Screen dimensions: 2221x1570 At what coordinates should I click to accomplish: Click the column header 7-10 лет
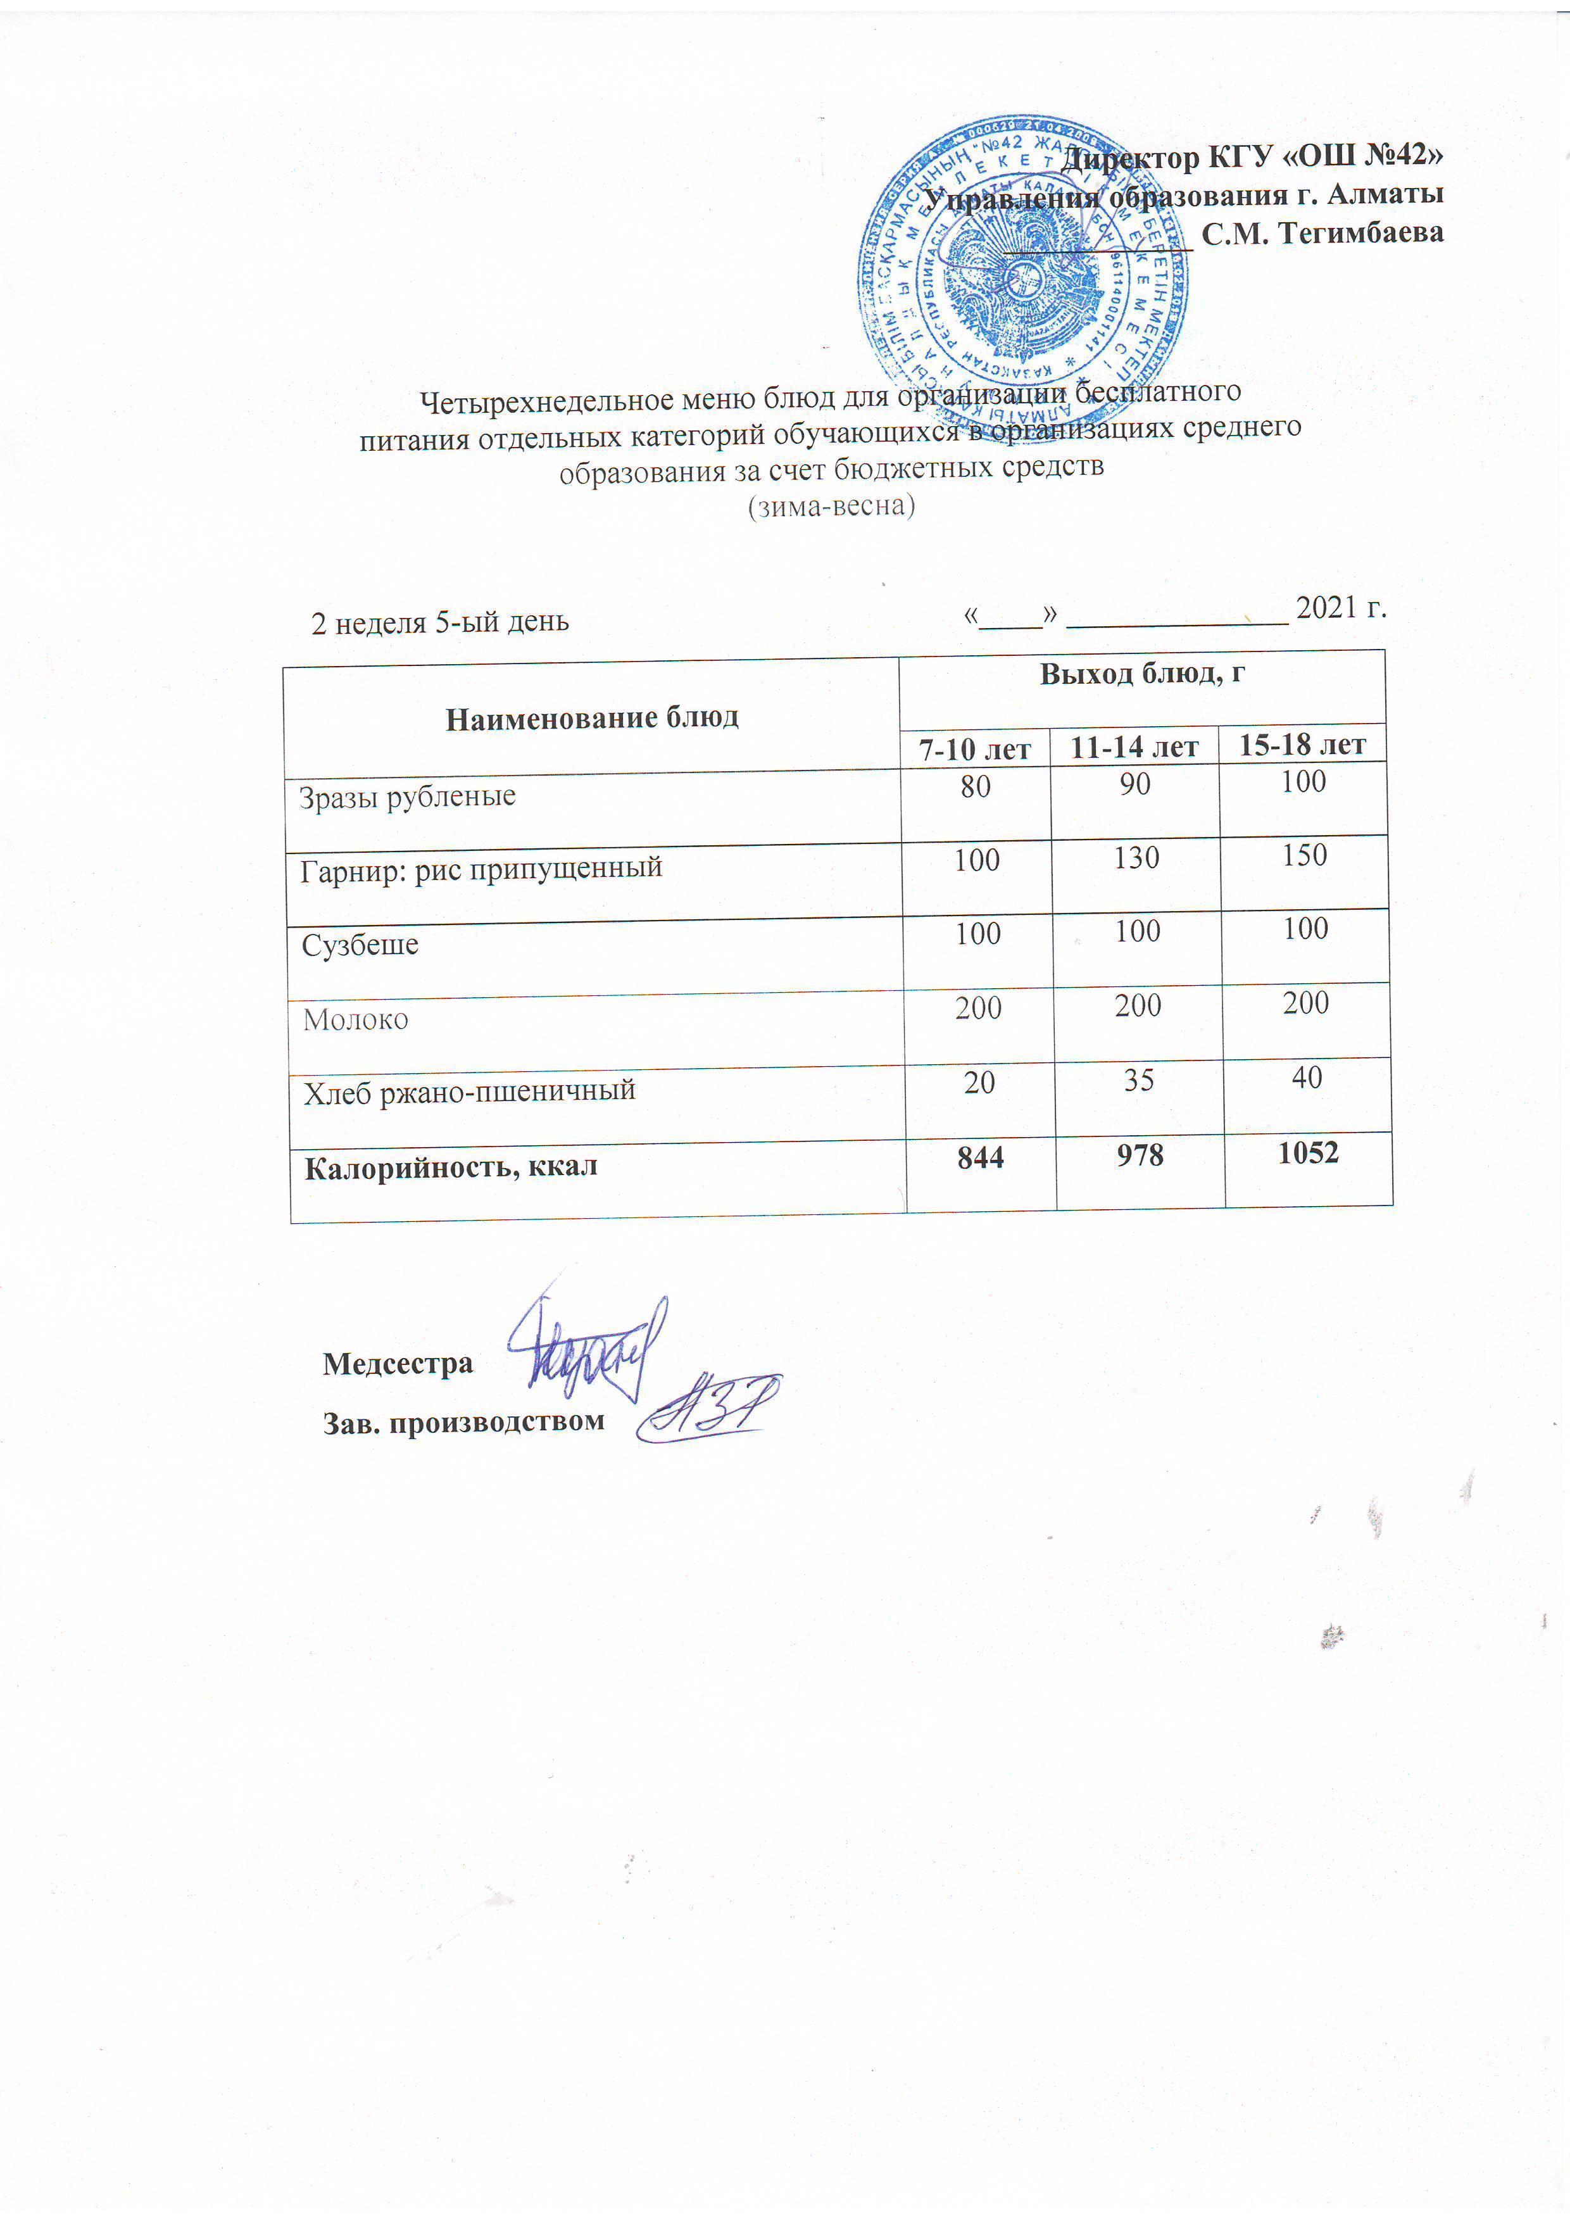pyautogui.click(x=975, y=748)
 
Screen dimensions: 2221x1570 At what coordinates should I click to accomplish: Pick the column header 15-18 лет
pyautogui.click(x=1302, y=744)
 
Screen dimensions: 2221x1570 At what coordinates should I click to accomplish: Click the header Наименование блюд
pyautogui.click(x=592, y=717)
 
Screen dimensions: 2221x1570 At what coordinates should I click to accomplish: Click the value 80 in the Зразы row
pyautogui.click(x=975, y=786)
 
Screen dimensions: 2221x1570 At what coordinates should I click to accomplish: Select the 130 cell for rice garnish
pyautogui.click(x=1136, y=858)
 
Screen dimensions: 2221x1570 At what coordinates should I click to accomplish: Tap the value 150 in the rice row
pyautogui.click(x=1304, y=855)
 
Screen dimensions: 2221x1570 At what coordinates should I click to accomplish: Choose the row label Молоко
pyautogui.click(x=355, y=1019)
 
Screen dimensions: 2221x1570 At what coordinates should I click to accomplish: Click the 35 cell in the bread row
pyautogui.click(x=1138, y=1079)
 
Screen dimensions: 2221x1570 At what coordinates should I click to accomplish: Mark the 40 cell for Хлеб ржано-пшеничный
pyautogui.click(x=1306, y=1077)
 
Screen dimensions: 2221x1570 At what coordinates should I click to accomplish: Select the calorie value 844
pyautogui.click(x=980, y=1156)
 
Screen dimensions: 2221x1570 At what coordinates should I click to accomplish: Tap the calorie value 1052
pyautogui.click(x=1308, y=1152)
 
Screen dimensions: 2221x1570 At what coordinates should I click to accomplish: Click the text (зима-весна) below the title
pyautogui.click(x=832, y=506)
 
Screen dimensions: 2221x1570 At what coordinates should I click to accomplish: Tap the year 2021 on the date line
pyautogui.click(x=1328, y=608)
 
